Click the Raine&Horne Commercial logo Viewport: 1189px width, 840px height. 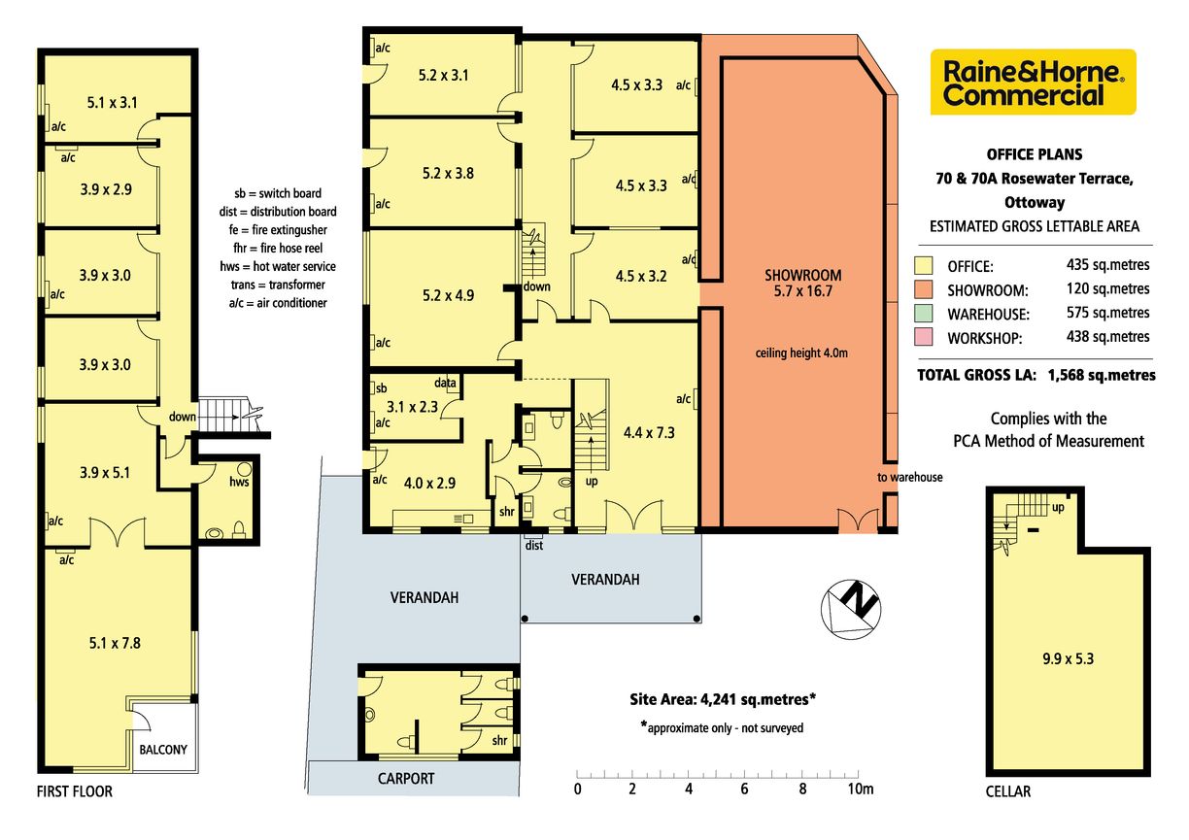1033,82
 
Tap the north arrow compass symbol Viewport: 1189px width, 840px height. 850,609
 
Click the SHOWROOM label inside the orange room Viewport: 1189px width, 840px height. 802,276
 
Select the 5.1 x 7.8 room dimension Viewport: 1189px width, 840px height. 115,643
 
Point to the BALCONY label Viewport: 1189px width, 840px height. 163,750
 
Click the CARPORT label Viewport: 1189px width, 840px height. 406,779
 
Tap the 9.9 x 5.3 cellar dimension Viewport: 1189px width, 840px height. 1068,658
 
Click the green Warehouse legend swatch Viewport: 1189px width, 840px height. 924,313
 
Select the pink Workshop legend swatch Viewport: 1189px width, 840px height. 924,337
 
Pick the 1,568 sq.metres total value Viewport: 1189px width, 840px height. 1102,375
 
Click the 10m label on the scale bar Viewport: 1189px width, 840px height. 861,790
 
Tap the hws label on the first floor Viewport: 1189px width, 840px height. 239,482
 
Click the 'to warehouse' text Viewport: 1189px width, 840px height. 910,477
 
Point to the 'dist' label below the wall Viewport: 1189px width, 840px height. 534,545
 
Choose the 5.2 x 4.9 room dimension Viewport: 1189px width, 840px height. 448,295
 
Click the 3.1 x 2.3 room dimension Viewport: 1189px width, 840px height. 412,407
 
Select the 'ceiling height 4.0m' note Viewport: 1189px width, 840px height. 801,353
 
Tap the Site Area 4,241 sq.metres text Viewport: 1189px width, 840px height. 723,699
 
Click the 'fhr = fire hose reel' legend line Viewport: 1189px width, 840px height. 278,248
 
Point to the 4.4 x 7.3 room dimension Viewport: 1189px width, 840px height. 649,433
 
